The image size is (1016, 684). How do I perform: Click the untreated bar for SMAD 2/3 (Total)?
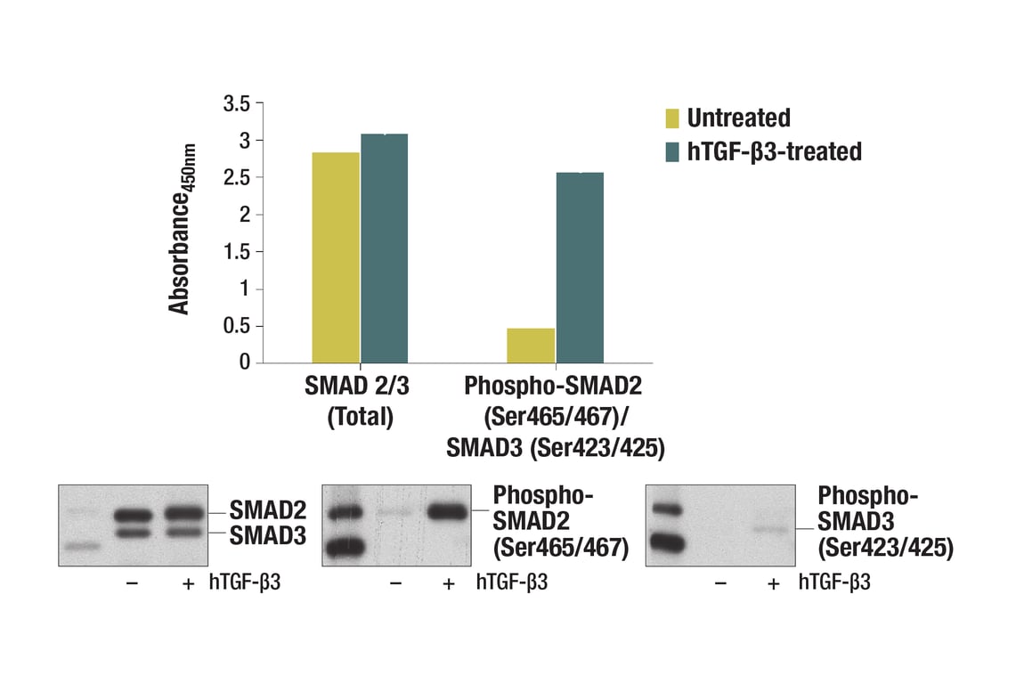pyautogui.click(x=336, y=257)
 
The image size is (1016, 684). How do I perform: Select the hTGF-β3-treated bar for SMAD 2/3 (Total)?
pyautogui.click(x=384, y=248)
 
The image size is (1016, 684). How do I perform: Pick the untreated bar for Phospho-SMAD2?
pyautogui.click(x=531, y=346)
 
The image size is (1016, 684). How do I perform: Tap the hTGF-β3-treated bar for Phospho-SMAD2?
pyautogui.click(x=579, y=267)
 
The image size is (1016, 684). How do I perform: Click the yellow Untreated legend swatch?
pyautogui.click(x=671, y=118)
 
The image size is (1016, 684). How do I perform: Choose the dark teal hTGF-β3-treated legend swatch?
pyautogui.click(x=671, y=152)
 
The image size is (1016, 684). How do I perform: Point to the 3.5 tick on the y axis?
pyautogui.click(x=237, y=103)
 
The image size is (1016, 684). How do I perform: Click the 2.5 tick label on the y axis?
pyautogui.click(x=237, y=177)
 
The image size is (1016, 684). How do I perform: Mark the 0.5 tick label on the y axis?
pyautogui.click(x=237, y=326)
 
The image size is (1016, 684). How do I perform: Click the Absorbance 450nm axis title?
pyautogui.click(x=182, y=231)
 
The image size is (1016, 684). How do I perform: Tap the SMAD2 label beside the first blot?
pyautogui.click(x=267, y=511)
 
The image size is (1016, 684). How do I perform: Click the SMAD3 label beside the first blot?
pyautogui.click(x=267, y=535)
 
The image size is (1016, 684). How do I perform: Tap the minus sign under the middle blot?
pyautogui.click(x=396, y=583)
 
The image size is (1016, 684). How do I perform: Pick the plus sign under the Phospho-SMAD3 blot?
pyautogui.click(x=773, y=583)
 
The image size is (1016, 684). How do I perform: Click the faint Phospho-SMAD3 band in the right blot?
pyautogui.click(x=772, y=529)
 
